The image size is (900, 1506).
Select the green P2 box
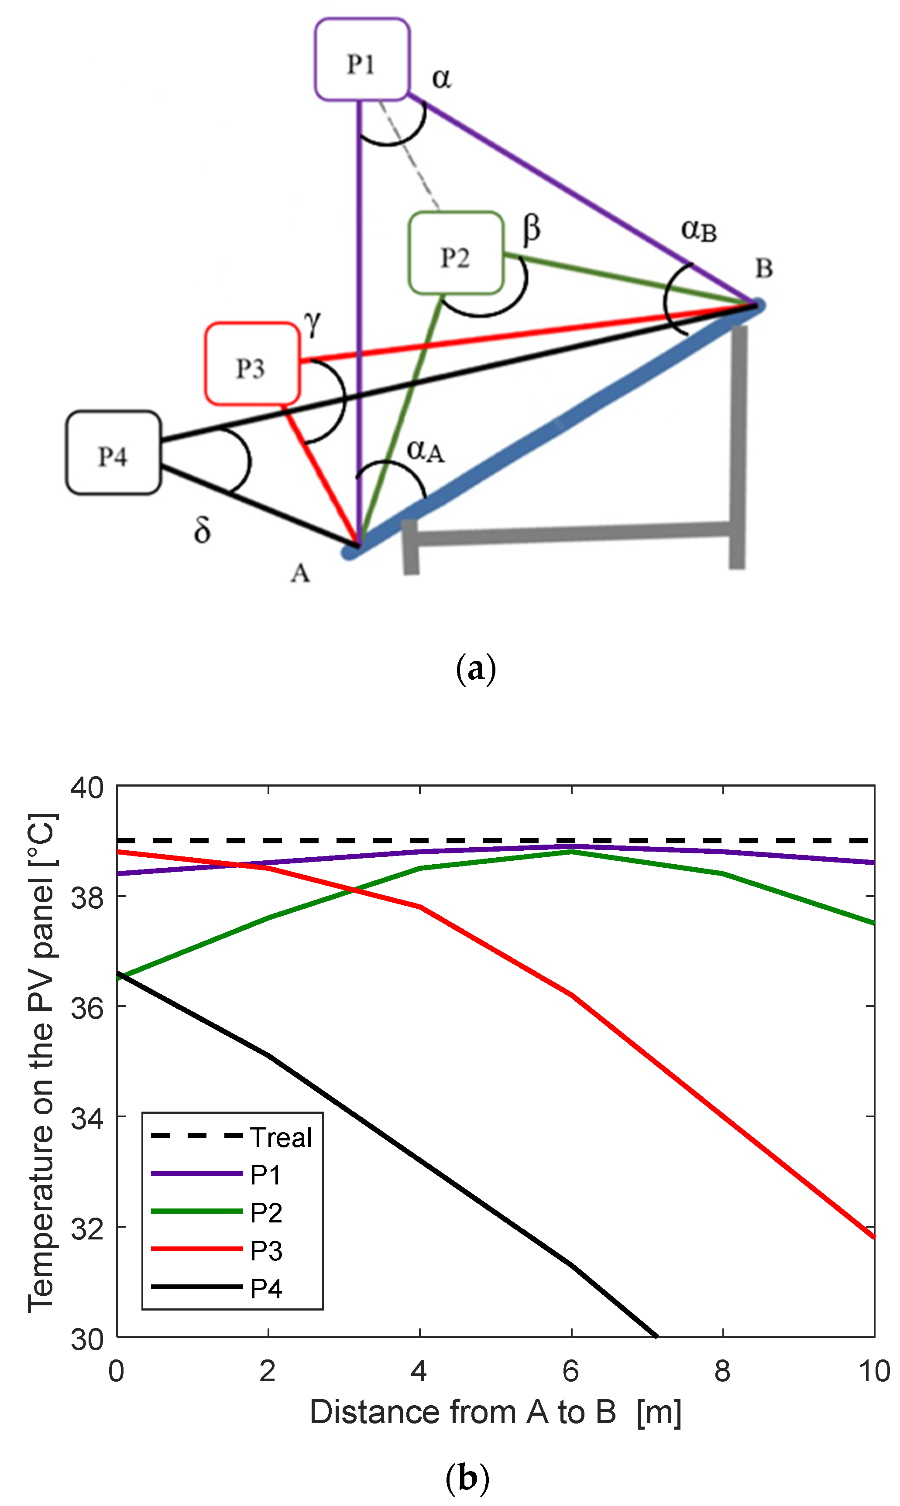[x=456, y=253]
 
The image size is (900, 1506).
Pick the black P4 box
[x=113, y=453]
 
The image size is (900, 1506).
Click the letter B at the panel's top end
[x=763, y=268]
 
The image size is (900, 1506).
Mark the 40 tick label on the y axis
[x=87, y=788]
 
